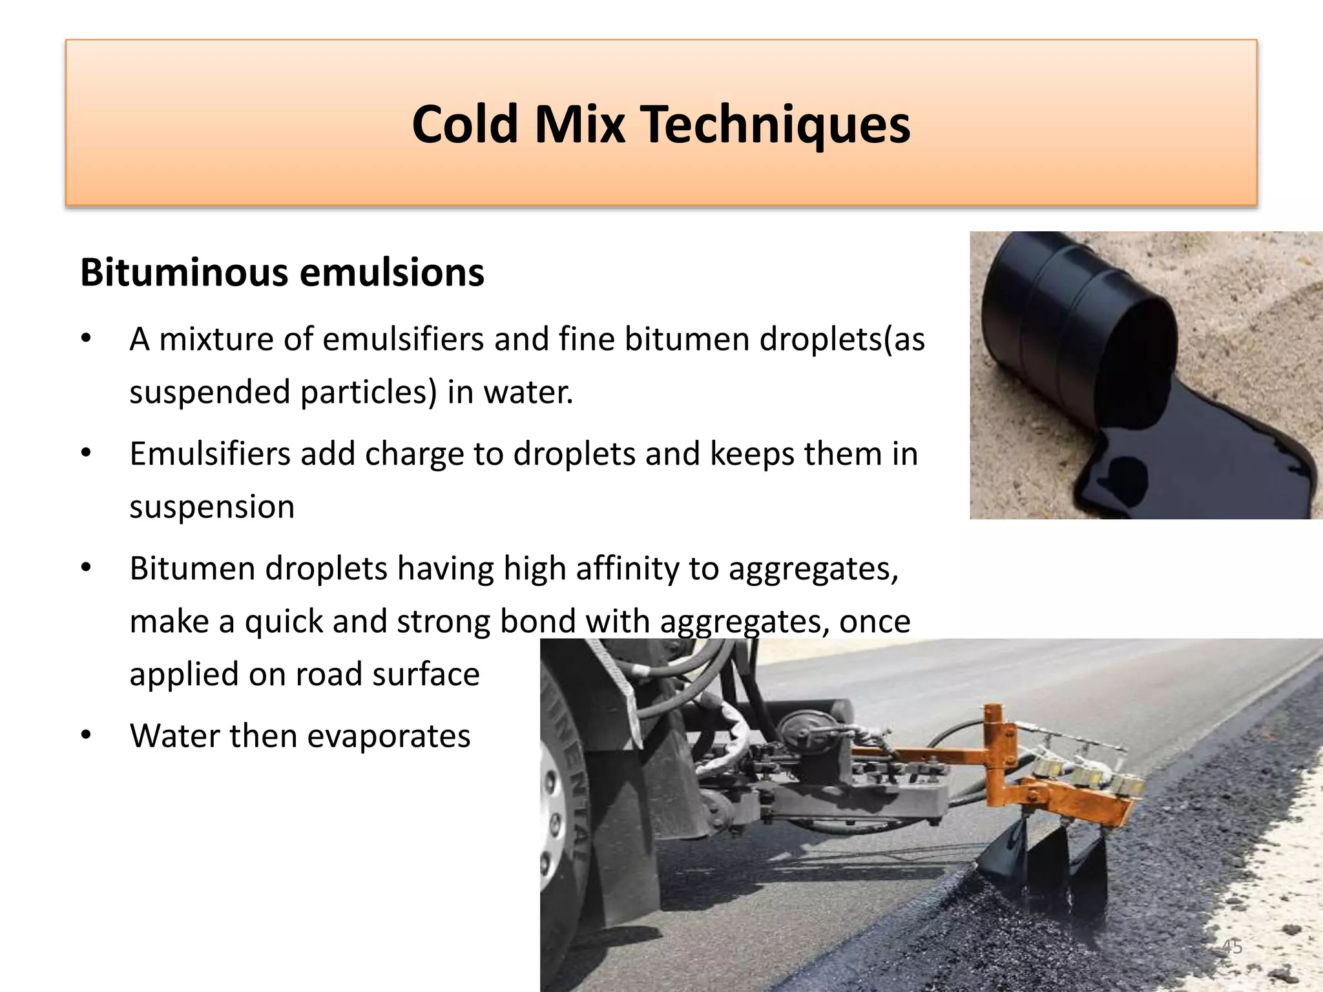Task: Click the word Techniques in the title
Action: click(x=775, y=124)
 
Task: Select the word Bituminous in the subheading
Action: click(x=184, y=273)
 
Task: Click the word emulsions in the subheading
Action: click(x=392, y=273)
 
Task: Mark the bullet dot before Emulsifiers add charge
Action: click(x=87, y=453)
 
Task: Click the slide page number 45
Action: click(x=1232, y=947)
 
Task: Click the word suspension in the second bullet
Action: click(x=212, y=507)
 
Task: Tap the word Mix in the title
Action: click(x=579, y=124)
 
